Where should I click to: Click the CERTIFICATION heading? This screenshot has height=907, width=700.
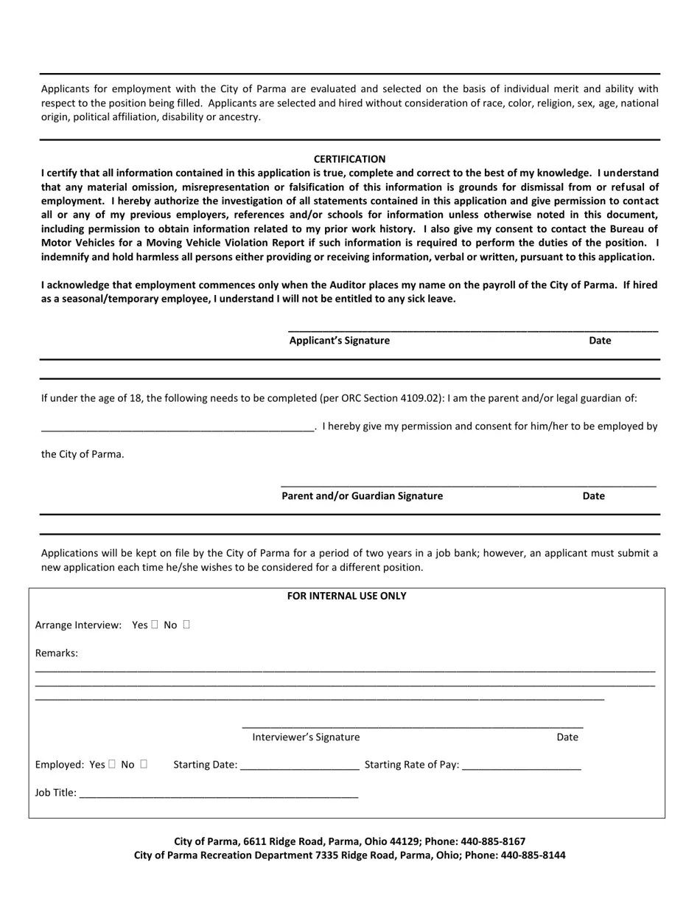click(x=349, y=159)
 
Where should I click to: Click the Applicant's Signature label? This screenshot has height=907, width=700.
click(x=339, y=340)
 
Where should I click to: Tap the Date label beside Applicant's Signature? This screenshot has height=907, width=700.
click(x=599, y=340)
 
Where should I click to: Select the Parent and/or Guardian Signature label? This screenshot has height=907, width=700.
click(x=362, y=496)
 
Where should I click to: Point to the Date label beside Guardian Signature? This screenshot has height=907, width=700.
click(x=593, y=496)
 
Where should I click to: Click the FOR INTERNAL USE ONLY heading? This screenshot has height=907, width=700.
click(x=346, y=596)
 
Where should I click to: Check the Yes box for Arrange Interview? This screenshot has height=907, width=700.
click(x=155, y=625)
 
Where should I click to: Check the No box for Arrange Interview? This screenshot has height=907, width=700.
click(x=186, y=625)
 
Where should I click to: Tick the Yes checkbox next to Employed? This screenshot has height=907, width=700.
click(x=112, y=764)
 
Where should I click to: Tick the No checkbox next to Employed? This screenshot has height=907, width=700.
click(x=144, y=764)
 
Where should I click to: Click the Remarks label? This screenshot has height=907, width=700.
click(x=56, y=653)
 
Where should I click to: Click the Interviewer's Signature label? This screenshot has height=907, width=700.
click(x=306, y=737)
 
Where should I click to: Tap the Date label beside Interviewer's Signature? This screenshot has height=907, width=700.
click(x=567, y=737)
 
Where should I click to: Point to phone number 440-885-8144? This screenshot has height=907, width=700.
click(x=533, y=855)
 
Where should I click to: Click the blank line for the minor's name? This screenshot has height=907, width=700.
click(x=178, y=427)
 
